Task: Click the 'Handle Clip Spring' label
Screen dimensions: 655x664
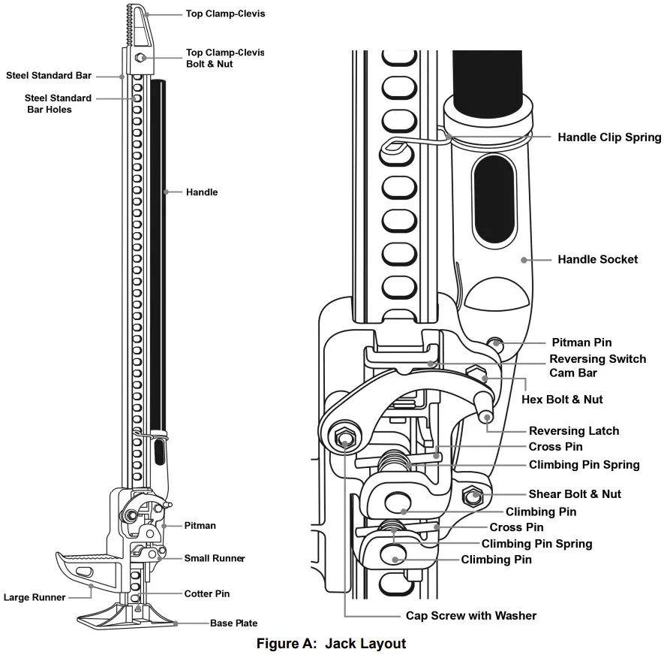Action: click(x=609, y=137)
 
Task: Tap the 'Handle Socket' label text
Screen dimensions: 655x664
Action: click(x=597, y=259)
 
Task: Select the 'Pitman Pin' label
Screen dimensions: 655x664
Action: click(x=581, y=343)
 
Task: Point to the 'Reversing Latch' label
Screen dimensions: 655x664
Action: click(x=574, y=430)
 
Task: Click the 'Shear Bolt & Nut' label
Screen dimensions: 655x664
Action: click(x=575, y=494)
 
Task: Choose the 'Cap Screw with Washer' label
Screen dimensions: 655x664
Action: click(x=471, y=615)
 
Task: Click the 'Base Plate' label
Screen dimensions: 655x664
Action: click(x=233, y=623)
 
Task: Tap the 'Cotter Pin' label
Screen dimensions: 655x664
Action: click(x=207, y=593)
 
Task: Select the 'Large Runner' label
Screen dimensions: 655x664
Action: click(x=35, y=598)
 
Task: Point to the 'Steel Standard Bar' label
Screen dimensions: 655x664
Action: click(x=49, y=75)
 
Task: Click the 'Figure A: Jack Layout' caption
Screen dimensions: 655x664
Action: click(x=331, y=644)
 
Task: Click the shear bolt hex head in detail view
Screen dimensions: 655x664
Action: click(x=473, y=495)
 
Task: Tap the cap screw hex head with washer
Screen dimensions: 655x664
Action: click(x=344, y=438)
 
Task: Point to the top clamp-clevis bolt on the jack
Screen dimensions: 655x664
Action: click(x=140, y=57)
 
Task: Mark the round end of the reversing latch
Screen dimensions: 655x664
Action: click(x=486, y=415)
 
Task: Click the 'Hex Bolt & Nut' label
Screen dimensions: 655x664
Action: click(x=562, y=399)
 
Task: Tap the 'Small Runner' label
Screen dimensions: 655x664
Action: click(x=215, y=558)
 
